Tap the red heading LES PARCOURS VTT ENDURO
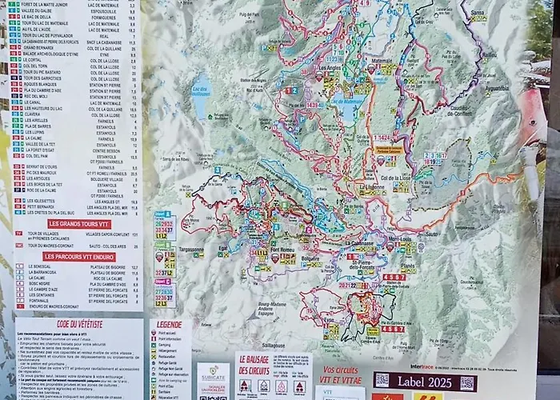click(x=79, y=257)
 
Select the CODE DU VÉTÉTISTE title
click(x=78, y=324)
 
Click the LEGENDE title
click(x=170, y=324)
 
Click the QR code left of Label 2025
click(x=382, y=380)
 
